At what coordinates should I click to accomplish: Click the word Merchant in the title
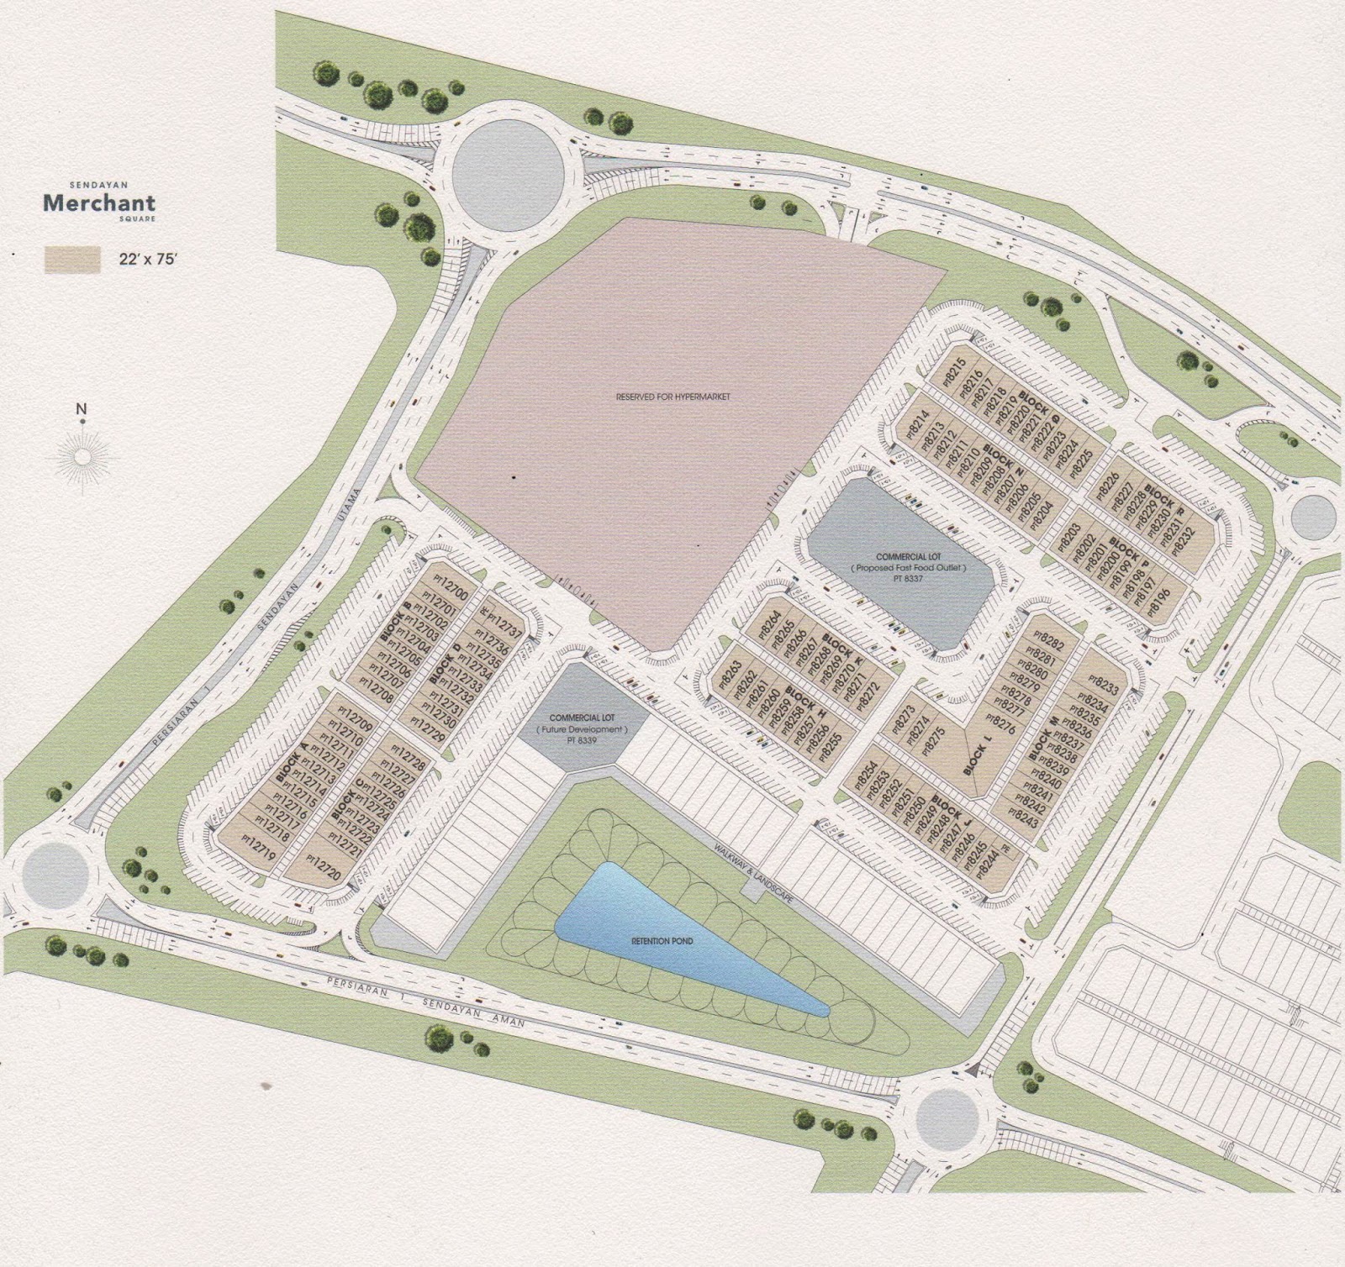[x=99, y=202]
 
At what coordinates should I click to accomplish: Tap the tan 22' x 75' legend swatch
[x=72, y=260]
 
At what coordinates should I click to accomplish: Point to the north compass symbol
[x=82, y=455]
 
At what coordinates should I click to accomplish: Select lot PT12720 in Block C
[x=323, y=865]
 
